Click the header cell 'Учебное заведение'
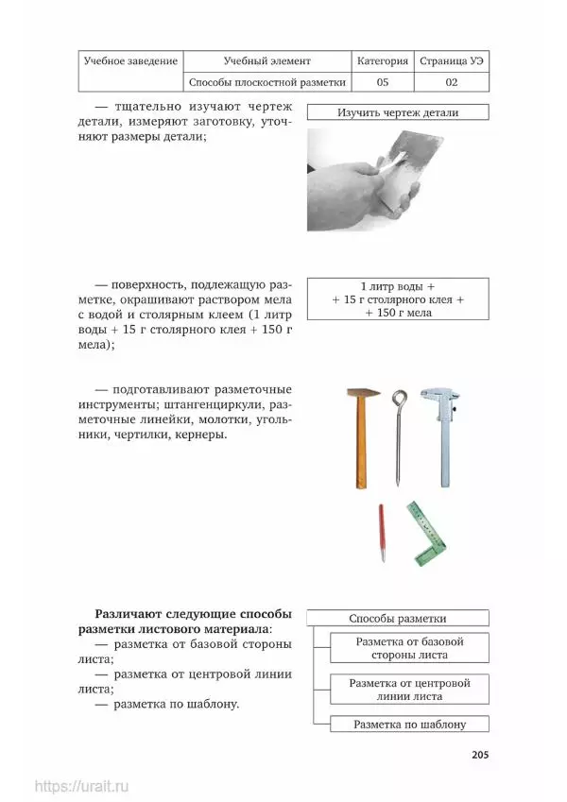130,61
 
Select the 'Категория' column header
383,61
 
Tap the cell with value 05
383,82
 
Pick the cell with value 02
452,82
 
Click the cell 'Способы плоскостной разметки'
267,82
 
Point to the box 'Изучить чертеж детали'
397,112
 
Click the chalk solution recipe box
397,299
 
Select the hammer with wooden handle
360,435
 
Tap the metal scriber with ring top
400,435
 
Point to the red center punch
382,533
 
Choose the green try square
426,531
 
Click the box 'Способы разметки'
397,619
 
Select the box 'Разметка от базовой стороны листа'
409,648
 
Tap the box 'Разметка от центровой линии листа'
409,689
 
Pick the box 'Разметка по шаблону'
409,725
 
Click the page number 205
479,755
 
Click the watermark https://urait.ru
81,786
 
